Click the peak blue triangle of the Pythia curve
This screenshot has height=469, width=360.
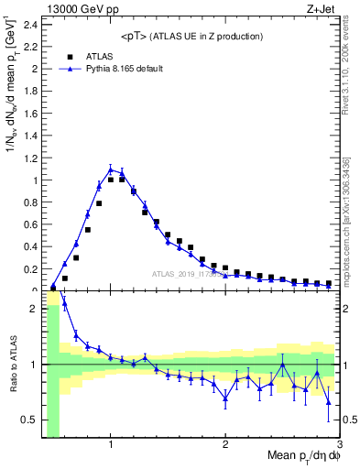[x=111, y=169]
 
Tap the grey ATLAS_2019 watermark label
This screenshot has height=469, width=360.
[x=188, y=273]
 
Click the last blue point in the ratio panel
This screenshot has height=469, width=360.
[x=329, y=401]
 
